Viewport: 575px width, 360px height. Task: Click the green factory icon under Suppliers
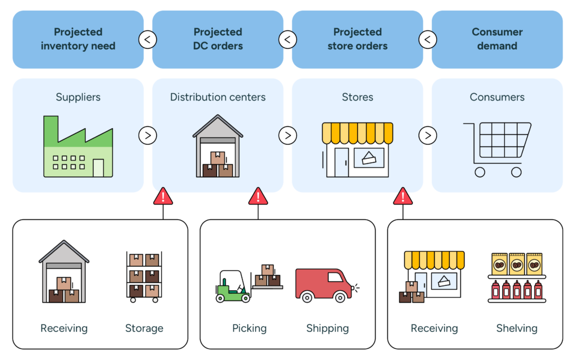78,147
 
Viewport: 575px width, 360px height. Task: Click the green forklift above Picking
234,287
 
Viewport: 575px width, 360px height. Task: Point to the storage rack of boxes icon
144,277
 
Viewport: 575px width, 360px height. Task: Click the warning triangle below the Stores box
403,196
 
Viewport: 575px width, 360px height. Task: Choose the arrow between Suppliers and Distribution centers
148,135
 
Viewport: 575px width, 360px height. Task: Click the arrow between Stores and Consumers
427,135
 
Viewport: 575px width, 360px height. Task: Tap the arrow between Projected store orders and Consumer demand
427,39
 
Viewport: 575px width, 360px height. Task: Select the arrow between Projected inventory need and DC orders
148,39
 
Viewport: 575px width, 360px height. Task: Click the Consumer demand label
497,39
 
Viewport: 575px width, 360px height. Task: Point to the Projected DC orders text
218,39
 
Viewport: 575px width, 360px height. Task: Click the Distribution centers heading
218,97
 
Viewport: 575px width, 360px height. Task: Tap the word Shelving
517,328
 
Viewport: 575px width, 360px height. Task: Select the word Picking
249,328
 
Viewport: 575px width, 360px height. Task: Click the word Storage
144,328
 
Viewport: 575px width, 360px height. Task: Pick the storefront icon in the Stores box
358,149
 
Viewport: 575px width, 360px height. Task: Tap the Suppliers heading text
78,97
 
